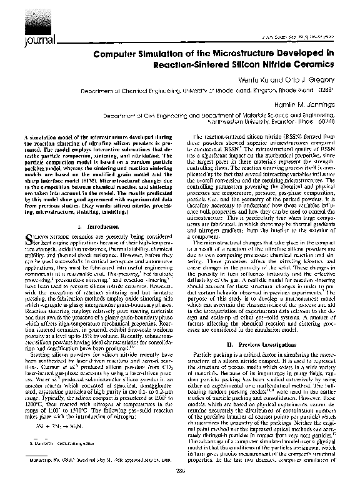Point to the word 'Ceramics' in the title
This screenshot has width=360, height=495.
click(x=315, y=64)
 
